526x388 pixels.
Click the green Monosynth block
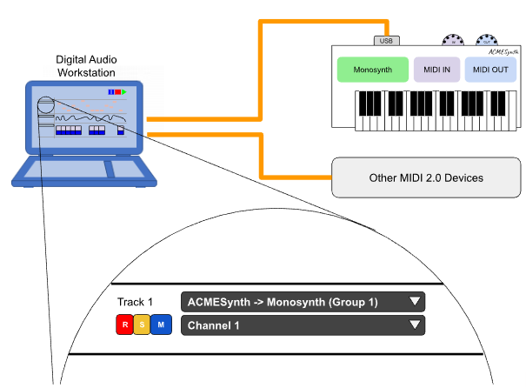pos(372,70)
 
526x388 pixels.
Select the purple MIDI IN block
pos(436,70)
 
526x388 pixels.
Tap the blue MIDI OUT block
pos(489,70)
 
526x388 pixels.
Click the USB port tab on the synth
pos(387,40)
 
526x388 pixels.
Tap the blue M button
pos(161,326)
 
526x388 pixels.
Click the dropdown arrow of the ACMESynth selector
pos(415,302)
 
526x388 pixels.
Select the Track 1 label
pos(135,303)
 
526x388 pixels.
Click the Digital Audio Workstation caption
pos(87,66)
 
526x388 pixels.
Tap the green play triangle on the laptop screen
pos(125,91)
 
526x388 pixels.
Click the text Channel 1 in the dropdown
pos(213,326)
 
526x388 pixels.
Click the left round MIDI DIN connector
pos(452,40)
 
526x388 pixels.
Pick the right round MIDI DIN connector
pos(484,40)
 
